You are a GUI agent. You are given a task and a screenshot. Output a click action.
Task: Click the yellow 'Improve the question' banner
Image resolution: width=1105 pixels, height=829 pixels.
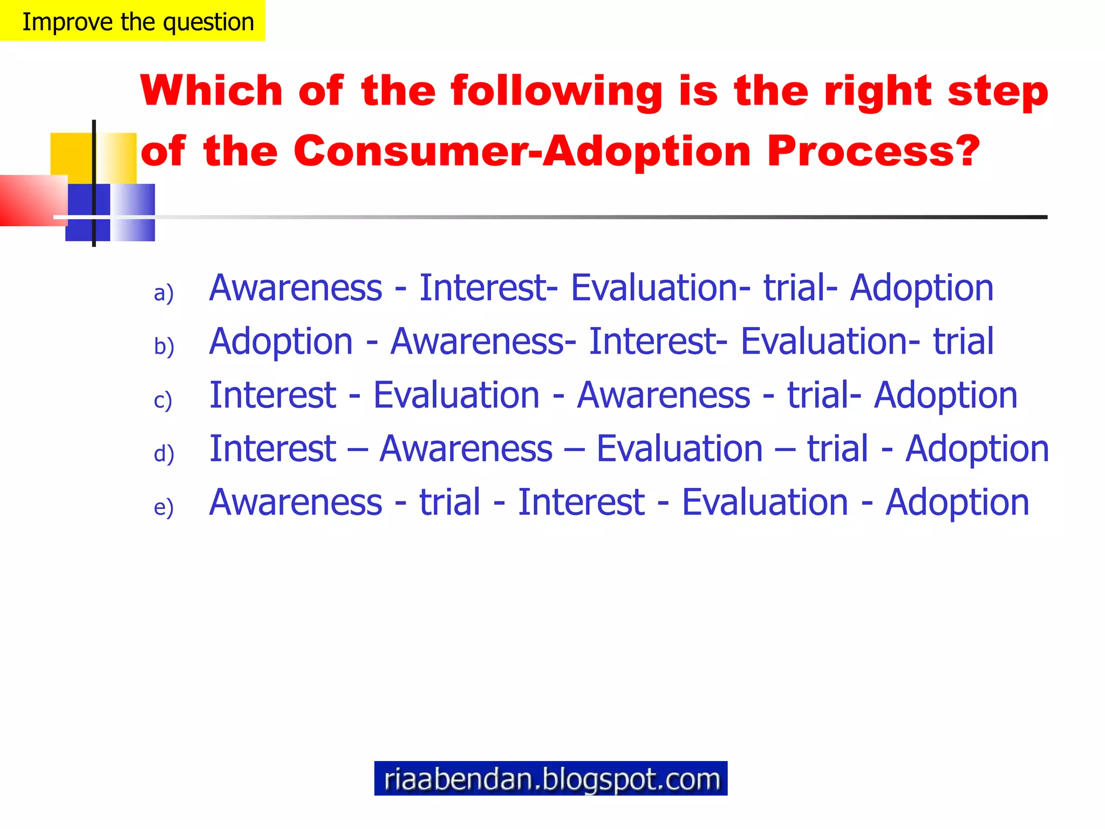[133, 21]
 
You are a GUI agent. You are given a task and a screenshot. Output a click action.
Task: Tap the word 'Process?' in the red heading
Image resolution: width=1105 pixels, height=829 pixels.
[873, 151]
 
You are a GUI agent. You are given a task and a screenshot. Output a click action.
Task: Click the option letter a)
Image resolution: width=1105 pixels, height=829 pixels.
[163, 293]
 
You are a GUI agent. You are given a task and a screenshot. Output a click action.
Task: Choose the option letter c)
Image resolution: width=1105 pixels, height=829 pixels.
[163, 400]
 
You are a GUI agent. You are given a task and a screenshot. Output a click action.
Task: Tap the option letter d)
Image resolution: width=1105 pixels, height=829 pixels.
[164, 453]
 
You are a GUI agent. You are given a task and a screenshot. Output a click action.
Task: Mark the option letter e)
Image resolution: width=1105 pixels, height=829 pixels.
[163, 507]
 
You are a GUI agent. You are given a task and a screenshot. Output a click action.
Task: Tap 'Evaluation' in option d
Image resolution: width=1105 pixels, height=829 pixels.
[679, 449]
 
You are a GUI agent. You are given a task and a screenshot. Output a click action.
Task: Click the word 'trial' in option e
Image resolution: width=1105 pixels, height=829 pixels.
[449, 502]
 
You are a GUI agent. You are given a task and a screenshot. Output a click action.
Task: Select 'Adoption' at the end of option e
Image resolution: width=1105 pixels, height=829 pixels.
[957, 502]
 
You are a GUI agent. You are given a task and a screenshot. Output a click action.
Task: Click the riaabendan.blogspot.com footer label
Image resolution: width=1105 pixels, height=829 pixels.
[550, 778]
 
